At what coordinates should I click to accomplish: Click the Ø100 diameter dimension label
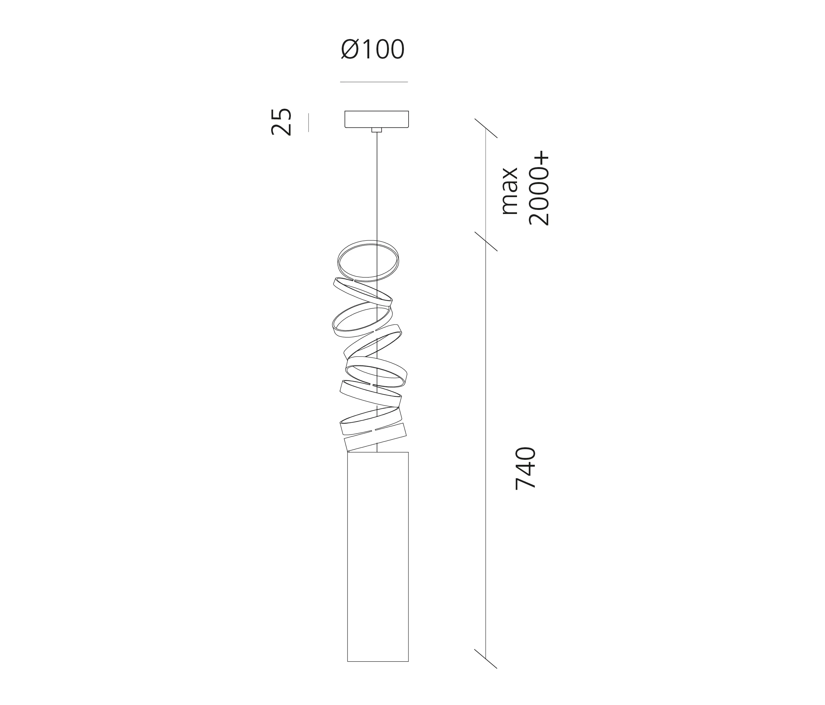pyautogui.click(x=373, y=50)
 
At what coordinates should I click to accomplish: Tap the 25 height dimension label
pyautogui.click(x=281, y=122)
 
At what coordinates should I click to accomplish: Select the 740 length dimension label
pyautogui.click(x=525, y=468)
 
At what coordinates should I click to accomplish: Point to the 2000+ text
pyautogui.click(x=539, y=188)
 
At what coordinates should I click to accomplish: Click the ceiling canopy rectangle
pyautogui.click(x=376, y=119)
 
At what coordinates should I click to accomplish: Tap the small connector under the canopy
pyautogui.click(x=376, y=130)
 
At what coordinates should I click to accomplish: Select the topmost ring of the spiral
pyautogui.click(x=368, y=261)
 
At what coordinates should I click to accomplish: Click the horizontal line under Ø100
pyautogui.click(x=374, y=82)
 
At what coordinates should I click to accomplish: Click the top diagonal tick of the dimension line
pyautogui.click(x=486, y=128)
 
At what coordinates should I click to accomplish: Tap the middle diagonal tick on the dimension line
pyautogui.click(x=486, y=242)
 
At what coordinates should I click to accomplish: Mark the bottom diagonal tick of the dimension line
pyautogui.click(x=486, y=659)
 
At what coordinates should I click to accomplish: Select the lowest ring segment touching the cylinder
pyautogui.click(x=375, y=437)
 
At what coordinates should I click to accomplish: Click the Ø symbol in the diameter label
pyautogui.click(x=349, y=50)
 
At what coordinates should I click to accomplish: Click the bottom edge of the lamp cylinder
pyautogui.click(x=378, y=661)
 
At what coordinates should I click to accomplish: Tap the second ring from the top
pyautogui.click(x=362, y=291)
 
